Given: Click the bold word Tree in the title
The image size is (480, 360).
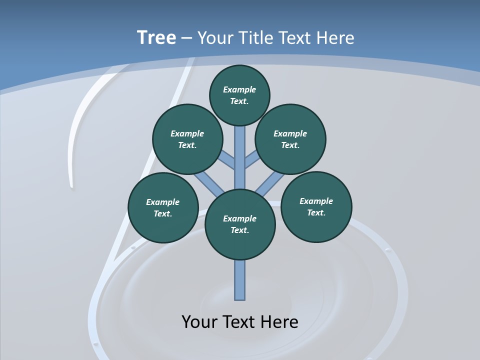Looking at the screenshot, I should (156, 38).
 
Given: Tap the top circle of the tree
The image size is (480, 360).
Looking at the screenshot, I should (239, 95).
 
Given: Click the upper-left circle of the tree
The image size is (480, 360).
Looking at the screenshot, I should (187, 139).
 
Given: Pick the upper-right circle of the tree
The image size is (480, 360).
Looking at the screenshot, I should (290, 139).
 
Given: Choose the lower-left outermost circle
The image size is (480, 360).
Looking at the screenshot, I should (163, 207).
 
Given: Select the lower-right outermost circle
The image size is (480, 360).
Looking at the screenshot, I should (316, 206).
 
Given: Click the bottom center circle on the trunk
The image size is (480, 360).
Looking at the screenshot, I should (240, 224).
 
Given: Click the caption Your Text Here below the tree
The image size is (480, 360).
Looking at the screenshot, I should (240, 321).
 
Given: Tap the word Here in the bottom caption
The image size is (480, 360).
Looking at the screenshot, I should (279, 321).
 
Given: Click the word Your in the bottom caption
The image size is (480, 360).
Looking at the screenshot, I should (199, 321).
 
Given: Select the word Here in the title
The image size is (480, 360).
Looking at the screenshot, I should (336, 38).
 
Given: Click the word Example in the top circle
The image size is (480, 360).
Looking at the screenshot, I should (239, 89).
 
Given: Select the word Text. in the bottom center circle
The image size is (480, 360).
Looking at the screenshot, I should (239, 230).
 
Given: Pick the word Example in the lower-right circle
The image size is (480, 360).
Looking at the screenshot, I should (316, 201).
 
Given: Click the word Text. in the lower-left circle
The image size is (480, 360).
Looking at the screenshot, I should (162, 214).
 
